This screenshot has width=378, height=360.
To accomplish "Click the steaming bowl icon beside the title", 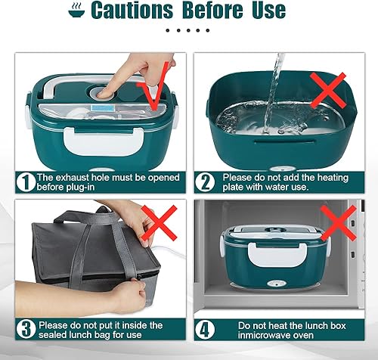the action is click(76, 10).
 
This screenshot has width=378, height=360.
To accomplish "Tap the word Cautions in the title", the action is click(132, 10).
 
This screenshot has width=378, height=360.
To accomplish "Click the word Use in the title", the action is click(268, 10).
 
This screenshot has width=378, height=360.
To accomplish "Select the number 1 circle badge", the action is click(26, 182).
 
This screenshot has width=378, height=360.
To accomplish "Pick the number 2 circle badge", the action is click(205, 182).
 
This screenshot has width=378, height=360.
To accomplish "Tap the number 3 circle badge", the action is click(26, 329).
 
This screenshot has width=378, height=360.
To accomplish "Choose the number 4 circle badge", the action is click(205, 329).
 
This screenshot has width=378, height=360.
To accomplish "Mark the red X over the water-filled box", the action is click(328, 91).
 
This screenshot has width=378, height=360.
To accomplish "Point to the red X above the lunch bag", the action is click(160, 223).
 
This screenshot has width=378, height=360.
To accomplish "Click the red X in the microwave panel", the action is click(339, 223).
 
